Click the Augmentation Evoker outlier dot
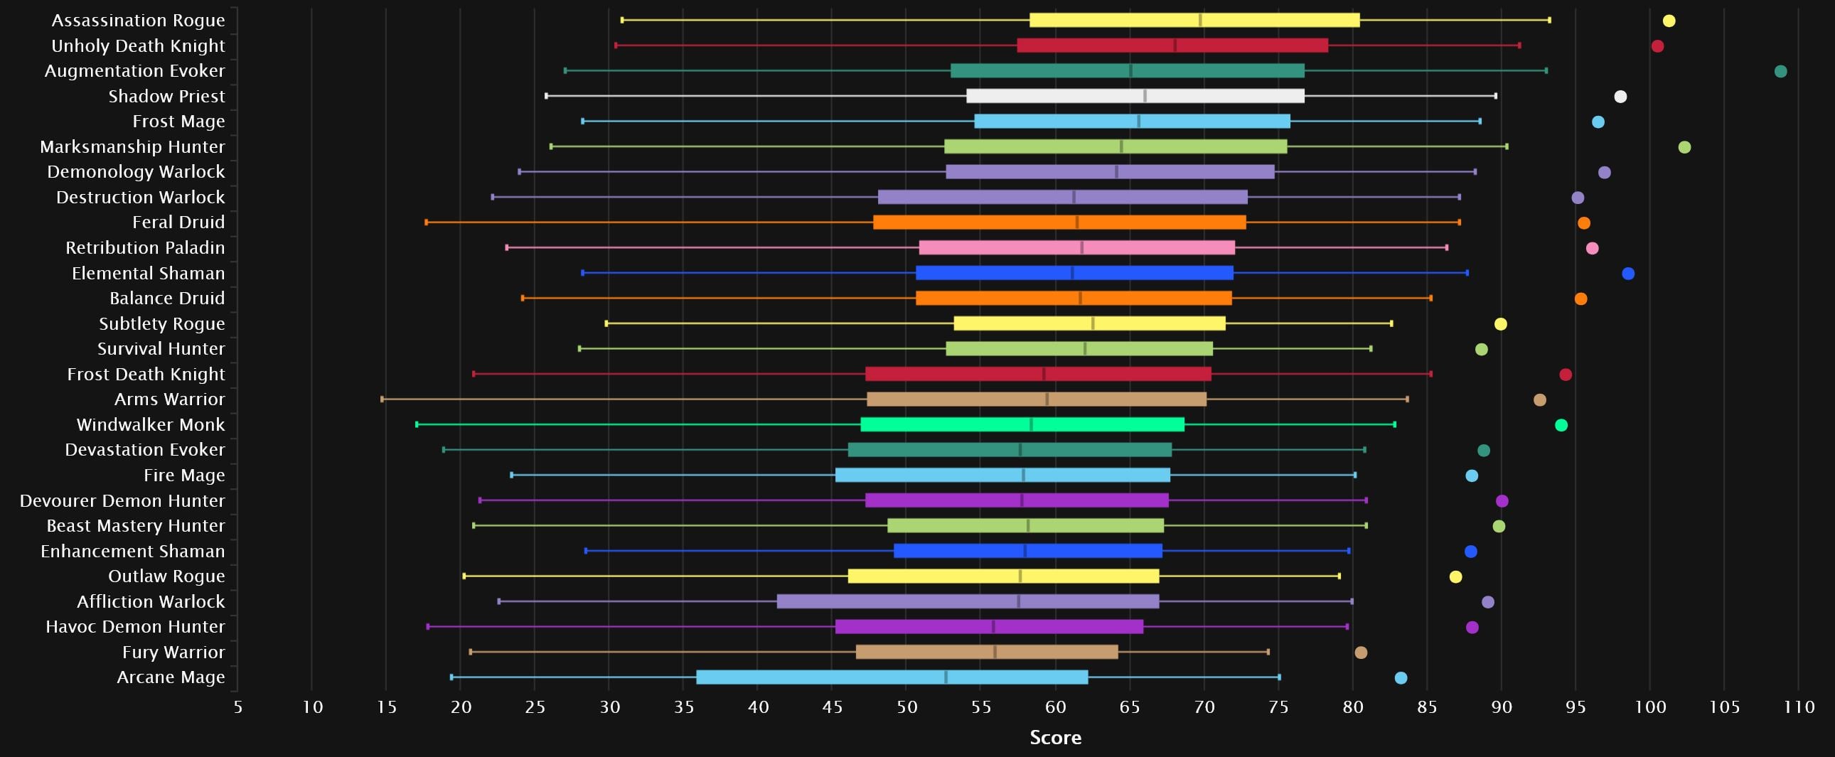point(1780,71)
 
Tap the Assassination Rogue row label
point(138,21)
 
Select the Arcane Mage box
point(892,677)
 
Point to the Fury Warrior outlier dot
point(1361,653)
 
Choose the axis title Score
point(1055,738)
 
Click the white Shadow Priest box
point(1135,96)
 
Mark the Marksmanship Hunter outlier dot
point(1684,147)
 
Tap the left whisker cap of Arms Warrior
point(382,399)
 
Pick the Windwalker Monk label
point(150,425)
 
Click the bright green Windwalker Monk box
point(1022,425)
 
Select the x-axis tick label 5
point(238,707)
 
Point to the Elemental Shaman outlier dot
point(1627,274)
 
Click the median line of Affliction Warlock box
point(1019,602)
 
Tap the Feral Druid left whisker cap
point(427,223)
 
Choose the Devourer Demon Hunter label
point(122,500)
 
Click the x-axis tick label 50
point(906,707)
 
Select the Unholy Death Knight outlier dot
point(1658,46)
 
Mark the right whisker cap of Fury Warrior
point(1268,653)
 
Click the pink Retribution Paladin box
point(1076,248)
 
